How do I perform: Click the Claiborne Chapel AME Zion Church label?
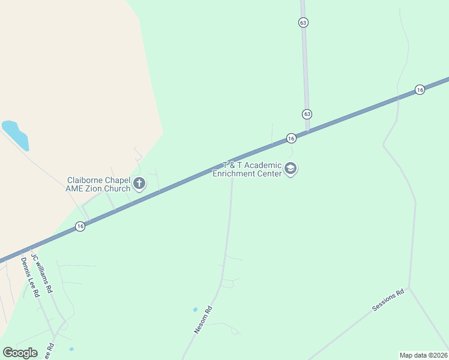(x=98, y=184)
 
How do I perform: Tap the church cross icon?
(x=139, y=183)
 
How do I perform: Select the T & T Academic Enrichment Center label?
(x=247, y=169)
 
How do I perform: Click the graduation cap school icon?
(x=291, y=169)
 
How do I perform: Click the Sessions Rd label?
(x=388, y=299)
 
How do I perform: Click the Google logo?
(x=20, y=353)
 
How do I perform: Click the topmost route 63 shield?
(x=303, y=22)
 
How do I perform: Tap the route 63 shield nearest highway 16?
(x=307, y=114)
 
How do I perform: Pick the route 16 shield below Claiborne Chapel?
(x=80, y=226)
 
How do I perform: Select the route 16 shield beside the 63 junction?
(x=291, y=139)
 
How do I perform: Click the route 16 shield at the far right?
(x=420, y=90)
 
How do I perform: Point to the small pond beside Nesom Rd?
(x=195, y=310)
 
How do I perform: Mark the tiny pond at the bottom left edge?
(x=71, y=349)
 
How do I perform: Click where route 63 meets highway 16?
(x=308, y=131)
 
